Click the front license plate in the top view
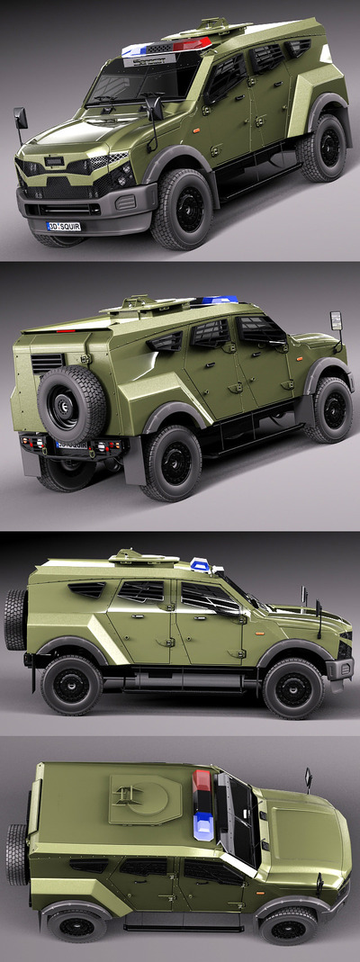64,226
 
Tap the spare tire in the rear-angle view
73,404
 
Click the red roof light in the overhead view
202,780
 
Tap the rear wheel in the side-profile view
71,685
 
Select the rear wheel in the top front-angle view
322,148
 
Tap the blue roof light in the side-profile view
200,564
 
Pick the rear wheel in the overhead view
76,925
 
